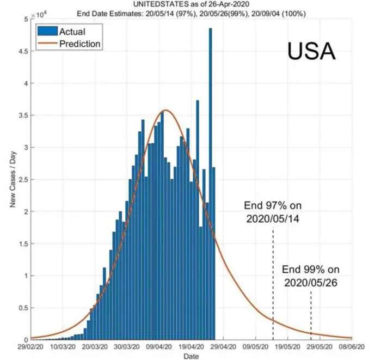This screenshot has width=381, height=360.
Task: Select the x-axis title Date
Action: point(190,356)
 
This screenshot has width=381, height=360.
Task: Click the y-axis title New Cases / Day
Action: point(11,180)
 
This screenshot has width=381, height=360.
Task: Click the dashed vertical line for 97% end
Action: point(273,283)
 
